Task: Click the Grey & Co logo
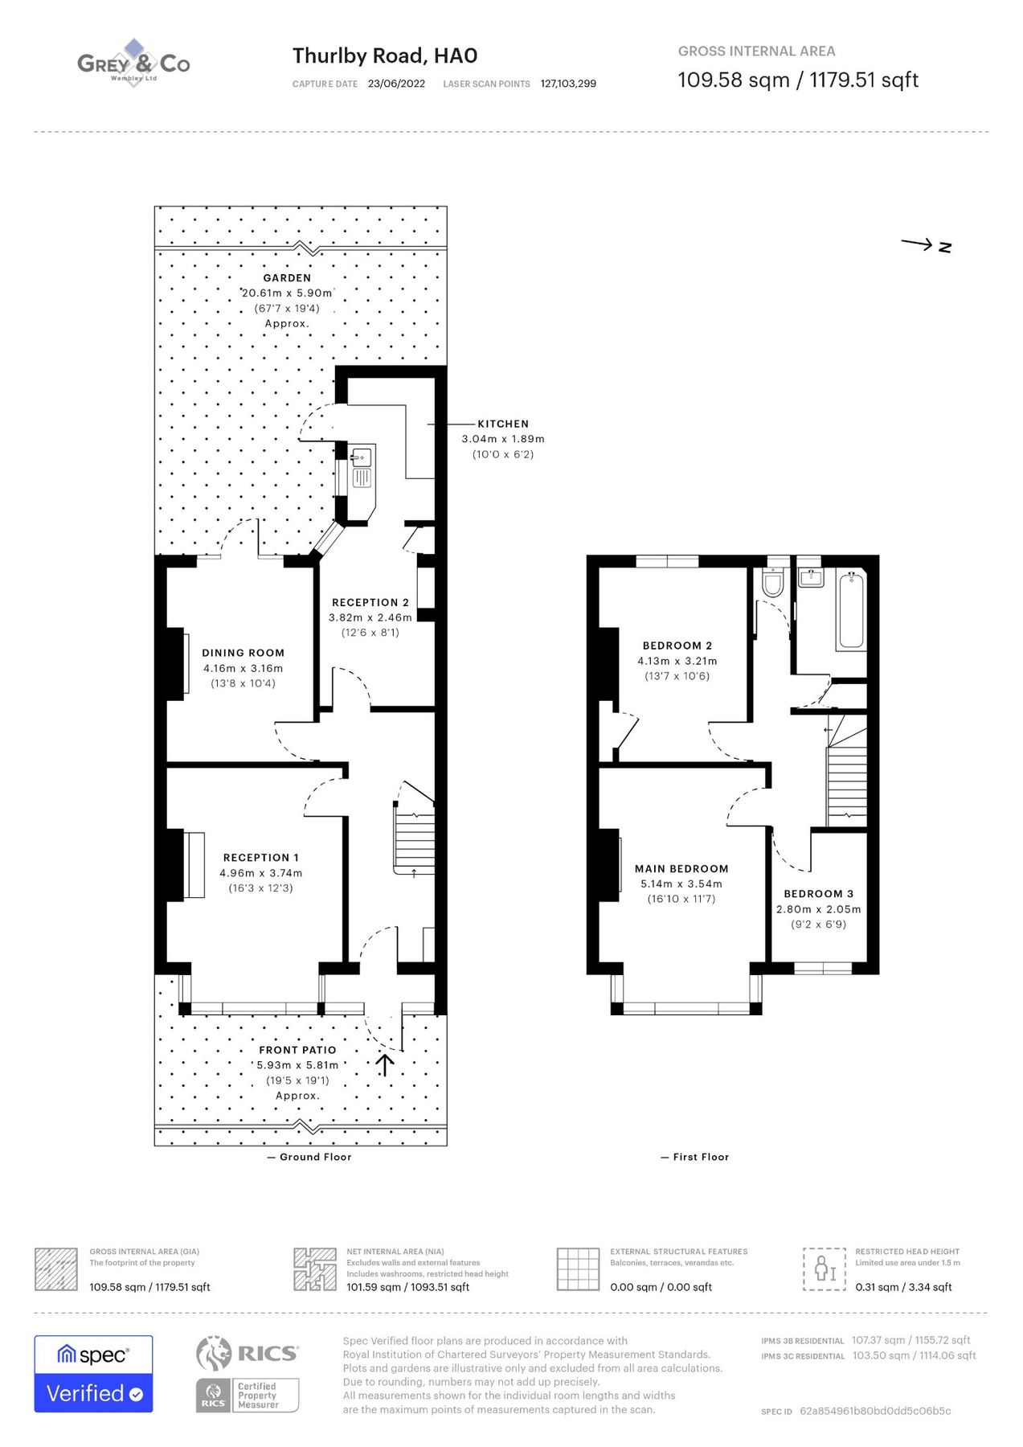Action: pos(133,63)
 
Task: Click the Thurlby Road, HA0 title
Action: pos(385,55)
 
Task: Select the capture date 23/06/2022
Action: pos(396,84)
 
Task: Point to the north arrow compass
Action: pos(926,245)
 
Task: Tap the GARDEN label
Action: pos(287,278)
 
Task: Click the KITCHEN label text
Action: pos(503,424)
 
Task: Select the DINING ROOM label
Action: pos(243,653)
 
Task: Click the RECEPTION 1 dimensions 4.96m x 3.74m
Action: pos(261,873)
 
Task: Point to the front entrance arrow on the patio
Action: pos(385,1064)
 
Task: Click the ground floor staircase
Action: pos(415,839)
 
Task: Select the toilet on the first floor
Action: pos(773,582)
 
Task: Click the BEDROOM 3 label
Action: pos(818,894)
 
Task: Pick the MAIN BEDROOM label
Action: pos(681,869)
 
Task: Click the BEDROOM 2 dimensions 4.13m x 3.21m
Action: pos(677,661)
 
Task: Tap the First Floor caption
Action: pos(700,1157)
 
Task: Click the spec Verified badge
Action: pos(93,1374)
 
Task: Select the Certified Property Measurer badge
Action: pos(248,1395)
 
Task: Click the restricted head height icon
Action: pos(825,1269)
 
